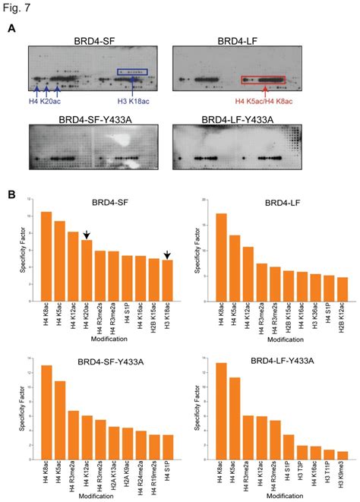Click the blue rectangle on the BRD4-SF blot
132,73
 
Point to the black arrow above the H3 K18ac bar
166,255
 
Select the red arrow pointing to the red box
264,92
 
